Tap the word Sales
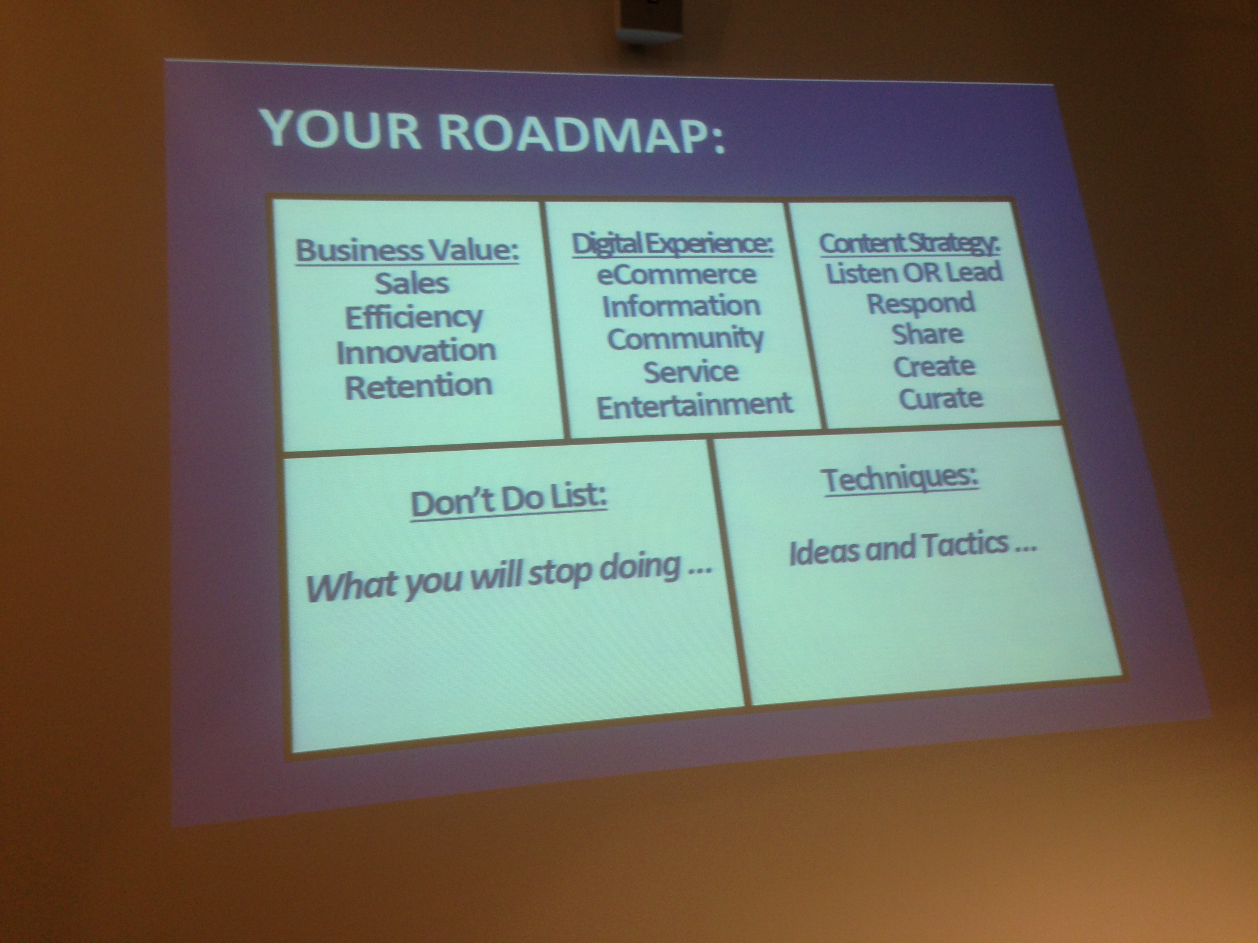[x=412, y=283]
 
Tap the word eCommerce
[x=677, y=275]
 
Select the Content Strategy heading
[x=909, y=243]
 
